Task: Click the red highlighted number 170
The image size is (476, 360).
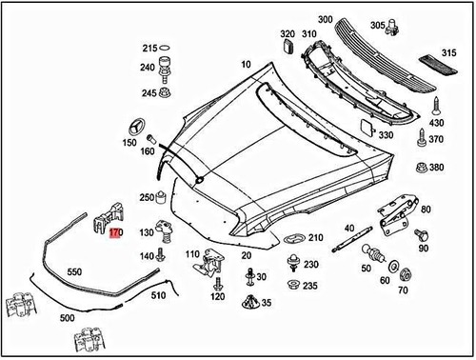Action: [115, 233]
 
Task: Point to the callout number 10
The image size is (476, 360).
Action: [247, 64]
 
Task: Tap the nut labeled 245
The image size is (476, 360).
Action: [166, 93]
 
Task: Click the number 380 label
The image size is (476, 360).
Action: [437, 168]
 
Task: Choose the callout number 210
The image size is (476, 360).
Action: [315, 237]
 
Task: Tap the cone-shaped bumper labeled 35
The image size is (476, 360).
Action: [250, 304]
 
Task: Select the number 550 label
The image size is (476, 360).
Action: [74, 271]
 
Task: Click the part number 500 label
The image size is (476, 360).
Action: [67, 317]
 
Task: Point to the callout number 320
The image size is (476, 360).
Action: [288, 35]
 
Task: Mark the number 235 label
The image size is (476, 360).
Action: [310, 286]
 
